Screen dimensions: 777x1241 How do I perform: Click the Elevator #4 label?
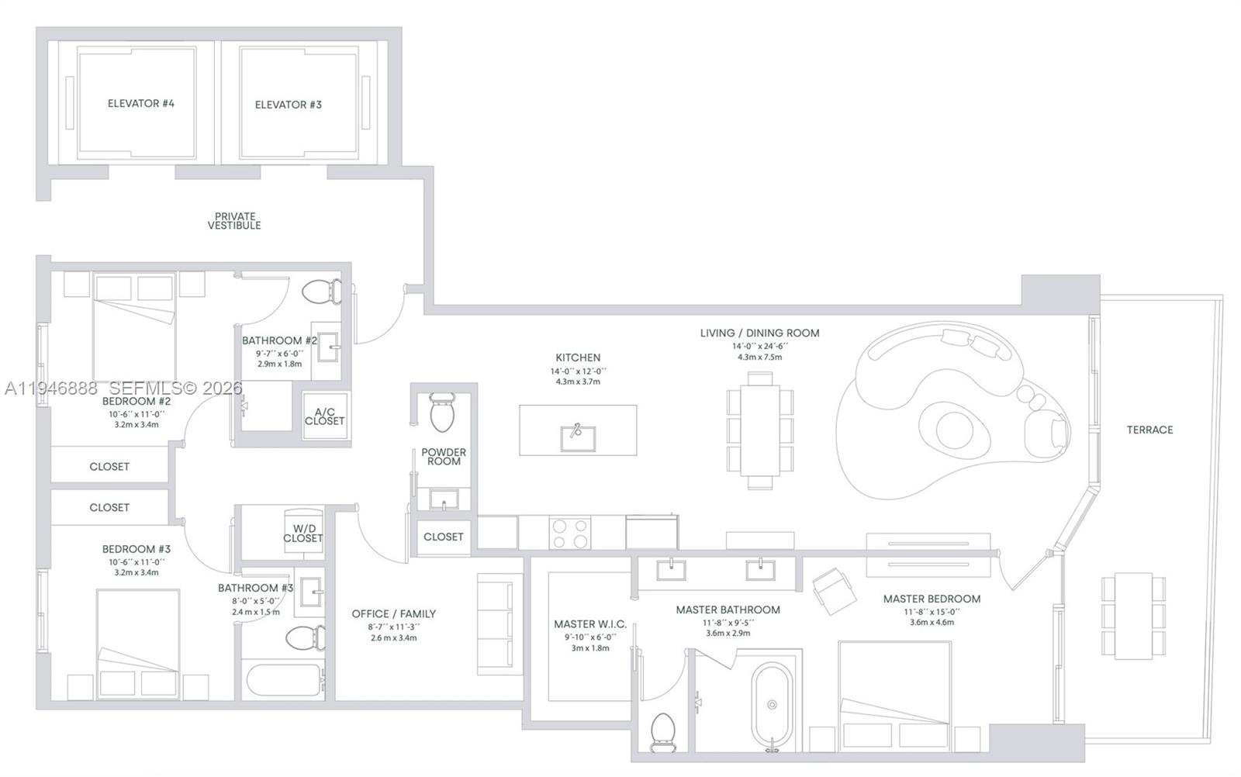tap(140, 103)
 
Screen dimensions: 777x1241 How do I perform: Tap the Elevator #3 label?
tap(288, 105)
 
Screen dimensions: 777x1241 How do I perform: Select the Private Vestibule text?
tap(234, 221)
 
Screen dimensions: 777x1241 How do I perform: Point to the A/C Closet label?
tap(324, 416)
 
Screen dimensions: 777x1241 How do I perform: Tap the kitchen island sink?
tap(577, 437)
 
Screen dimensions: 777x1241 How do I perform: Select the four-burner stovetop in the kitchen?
tap(569, 533)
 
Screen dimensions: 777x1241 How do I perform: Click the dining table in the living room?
tap(760, 430)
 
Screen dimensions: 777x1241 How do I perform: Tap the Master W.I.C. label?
tap(589, 624)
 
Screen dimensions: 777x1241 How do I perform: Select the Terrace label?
tap(1149, 430)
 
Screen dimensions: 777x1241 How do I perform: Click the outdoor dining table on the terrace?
tap(1133, 616)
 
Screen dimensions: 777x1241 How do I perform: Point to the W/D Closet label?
tap(302, 534)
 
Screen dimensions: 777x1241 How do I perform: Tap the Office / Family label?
tap(393, 614)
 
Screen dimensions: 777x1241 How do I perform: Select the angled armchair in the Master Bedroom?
tap(834, 590)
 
